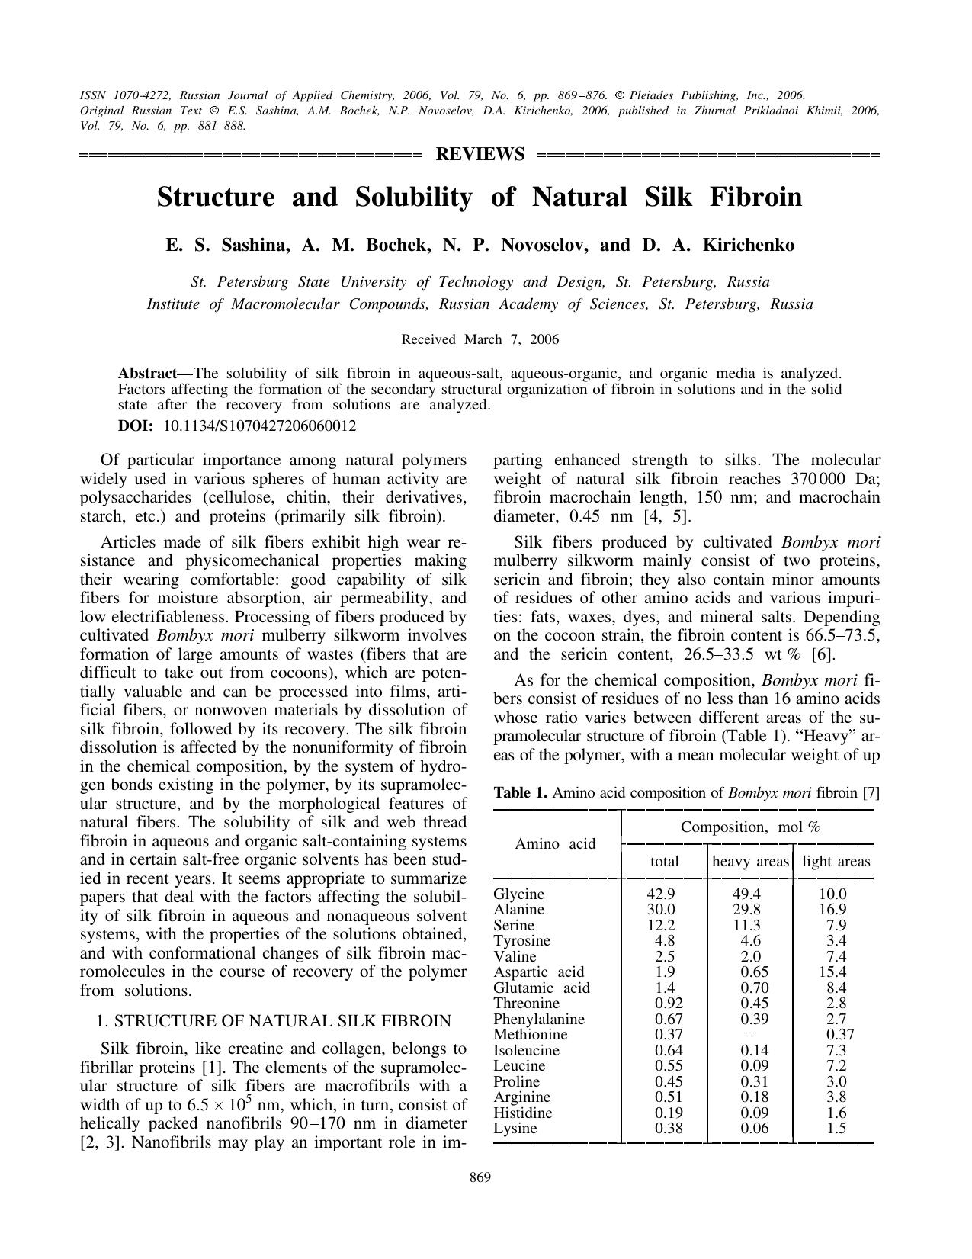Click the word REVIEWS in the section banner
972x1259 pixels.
(x=480, y=155)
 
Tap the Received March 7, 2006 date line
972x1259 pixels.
(x=480, y=339)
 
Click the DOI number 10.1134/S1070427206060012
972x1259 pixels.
(x=260, y=426)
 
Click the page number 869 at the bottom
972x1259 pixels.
(x=480, y=1177)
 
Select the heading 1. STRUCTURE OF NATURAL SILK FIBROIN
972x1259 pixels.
(x=273, y=1021)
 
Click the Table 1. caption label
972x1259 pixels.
(x=521, y=792)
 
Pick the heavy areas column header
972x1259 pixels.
(x=750, y=862)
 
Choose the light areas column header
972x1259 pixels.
(x=836, y=862)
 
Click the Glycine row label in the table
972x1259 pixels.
(x=519, y=894)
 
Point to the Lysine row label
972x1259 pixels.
(x=515, y=1129)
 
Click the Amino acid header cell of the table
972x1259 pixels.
(x=555, y=843)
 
